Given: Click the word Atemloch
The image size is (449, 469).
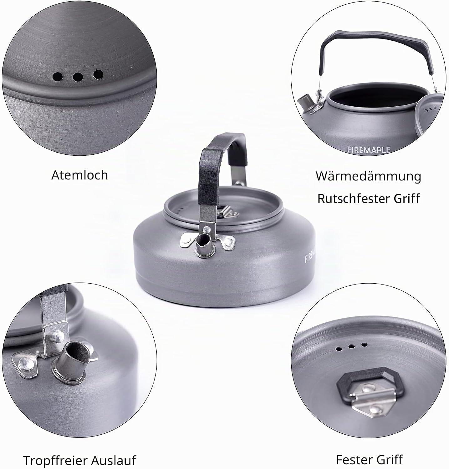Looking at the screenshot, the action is click(x=79, y=175).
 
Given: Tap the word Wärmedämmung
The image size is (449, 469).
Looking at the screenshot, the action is click(x=368, y=176).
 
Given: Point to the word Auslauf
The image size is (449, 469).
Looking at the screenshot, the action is click(x=114, y=461).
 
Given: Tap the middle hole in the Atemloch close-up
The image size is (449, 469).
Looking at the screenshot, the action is click(x=78, y=76).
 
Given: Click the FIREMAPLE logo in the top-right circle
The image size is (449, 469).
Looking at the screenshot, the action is click(x=369, y=150).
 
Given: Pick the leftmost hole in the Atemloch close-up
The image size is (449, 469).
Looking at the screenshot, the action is click(x=58, y=76).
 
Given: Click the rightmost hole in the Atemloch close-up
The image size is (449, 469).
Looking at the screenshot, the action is click(x=98, y=74).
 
